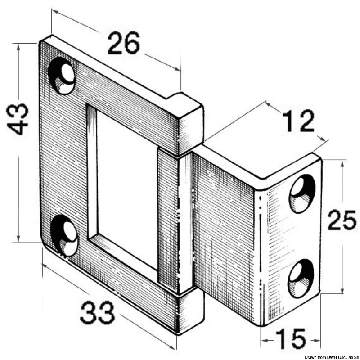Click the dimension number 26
click(x=124, y=43)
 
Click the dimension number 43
click(x=18, y=119)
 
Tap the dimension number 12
click(x=299, y=121)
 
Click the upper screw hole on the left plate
click(x=62, y=76)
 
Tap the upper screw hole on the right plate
click(x=302, y=193)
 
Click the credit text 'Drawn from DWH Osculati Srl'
click(x=332, y=357)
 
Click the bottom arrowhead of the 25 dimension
click(x=342, y=291)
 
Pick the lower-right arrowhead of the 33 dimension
click(x=172, y=347)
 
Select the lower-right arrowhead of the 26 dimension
click(x=177, y=69)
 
